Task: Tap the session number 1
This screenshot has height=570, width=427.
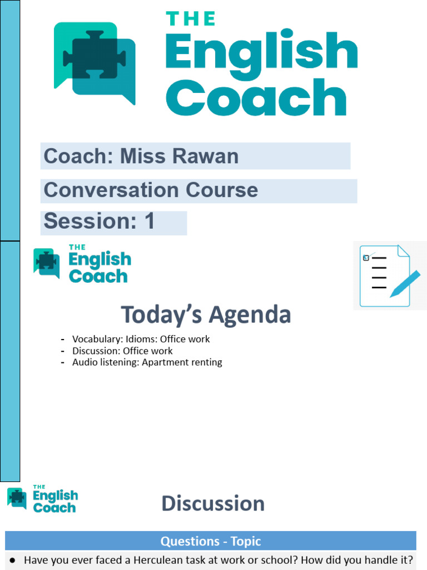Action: (149, 222)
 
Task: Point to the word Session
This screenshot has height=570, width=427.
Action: (90, 222)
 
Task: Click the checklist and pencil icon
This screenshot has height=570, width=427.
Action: (389, 276)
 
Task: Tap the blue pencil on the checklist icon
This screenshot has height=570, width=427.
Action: (405, 283)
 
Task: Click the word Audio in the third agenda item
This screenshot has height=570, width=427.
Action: (84, 362)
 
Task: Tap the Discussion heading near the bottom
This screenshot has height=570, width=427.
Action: (213, 504)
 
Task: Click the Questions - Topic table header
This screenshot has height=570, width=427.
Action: (211, 541)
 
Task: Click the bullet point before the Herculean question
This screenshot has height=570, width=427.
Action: (12, 560)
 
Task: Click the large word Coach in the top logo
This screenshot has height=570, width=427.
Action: (256, 98)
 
